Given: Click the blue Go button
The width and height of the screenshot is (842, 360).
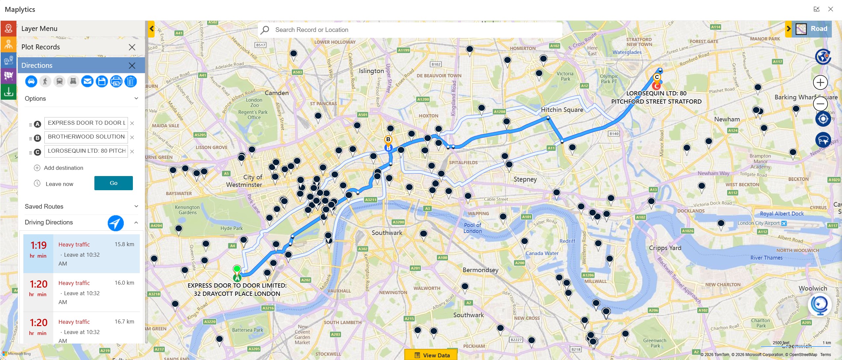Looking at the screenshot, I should pos(113,183).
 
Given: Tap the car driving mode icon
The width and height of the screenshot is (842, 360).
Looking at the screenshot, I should pos(31,81).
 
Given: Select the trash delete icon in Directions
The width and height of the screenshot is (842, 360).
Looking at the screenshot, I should pos(131,81).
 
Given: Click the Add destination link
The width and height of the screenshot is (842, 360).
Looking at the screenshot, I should pos(63,168).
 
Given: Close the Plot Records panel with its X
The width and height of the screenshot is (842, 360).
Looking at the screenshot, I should pos(132,47).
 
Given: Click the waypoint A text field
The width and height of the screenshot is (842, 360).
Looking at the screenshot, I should pos(86,123).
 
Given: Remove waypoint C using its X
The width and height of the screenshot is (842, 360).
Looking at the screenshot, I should pos(132,151).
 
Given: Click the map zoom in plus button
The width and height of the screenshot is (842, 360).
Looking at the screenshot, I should pos(820,82).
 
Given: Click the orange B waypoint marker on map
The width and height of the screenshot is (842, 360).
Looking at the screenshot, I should pos(388,140).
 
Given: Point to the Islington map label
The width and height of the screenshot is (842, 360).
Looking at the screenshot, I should pos(371,71).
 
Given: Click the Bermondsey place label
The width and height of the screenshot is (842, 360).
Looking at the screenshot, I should pos(480,270).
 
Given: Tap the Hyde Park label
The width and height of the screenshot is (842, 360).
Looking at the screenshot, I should pos(231,228).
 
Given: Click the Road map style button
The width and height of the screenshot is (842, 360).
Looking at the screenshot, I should pos(812,29).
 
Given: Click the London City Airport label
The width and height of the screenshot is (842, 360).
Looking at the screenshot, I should pos(758,223).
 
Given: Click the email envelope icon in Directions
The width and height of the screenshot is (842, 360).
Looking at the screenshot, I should pos(87,81).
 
